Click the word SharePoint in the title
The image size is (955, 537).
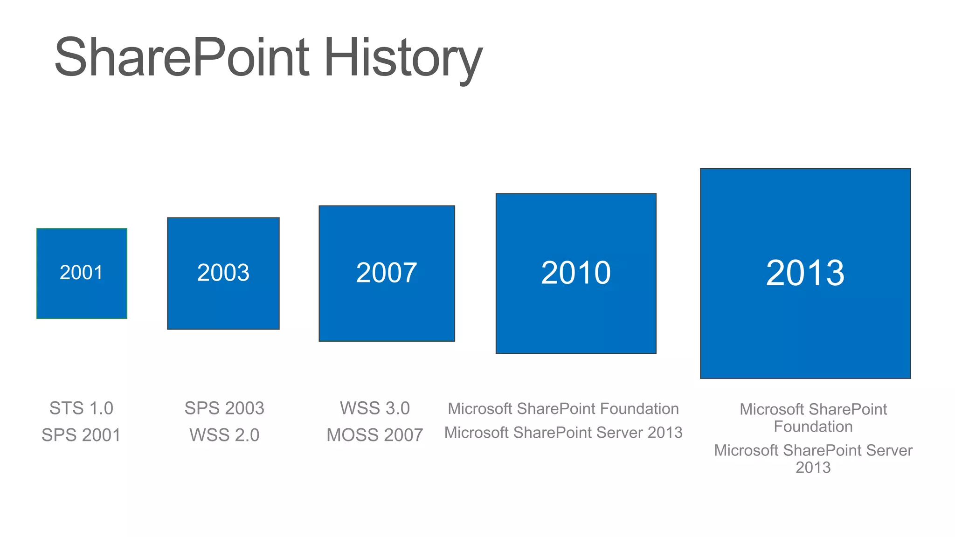pyautogui.click(x=182, y=57)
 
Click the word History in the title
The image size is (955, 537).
pyautogui.click(x=402, y=57)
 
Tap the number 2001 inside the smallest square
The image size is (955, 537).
pyautogui.click(x=82, y=273)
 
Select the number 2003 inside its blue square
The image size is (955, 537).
pyautogui.click(x=223, y=273)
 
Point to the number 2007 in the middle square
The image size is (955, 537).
pyautogui.click(x=387, y=273)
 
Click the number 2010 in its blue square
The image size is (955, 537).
pyautogui.click(x=576, y=273)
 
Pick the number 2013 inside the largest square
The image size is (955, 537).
pyautogui.click(x=805, y=273)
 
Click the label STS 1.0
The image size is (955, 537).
pyautogui.click(x=82, y=408)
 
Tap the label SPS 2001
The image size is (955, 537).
pyautogui.click(x=82, y=435)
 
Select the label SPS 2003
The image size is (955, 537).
pyautogui.click(x=224, y=408)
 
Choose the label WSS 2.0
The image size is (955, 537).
pyautogui.click(x=224, y=435)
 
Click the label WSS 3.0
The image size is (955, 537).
pyautogui.click(x=375, y=408)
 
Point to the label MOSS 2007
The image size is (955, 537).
pyautogui.click(x=375, y=435)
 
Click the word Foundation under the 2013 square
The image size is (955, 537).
pyautogui.click(x=813, y=427)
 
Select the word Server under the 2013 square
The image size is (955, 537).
pyautogui.click(x=889, y=450)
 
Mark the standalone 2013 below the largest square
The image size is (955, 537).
pyautogui.click(x=813, y=468)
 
